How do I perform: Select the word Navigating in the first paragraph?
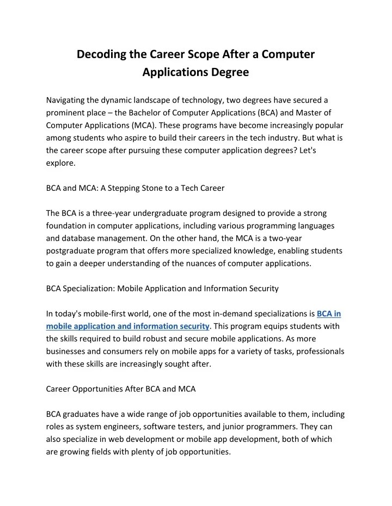[66, 100]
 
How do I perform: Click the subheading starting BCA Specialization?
[162, 289]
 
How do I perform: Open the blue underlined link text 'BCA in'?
[329, 314]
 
